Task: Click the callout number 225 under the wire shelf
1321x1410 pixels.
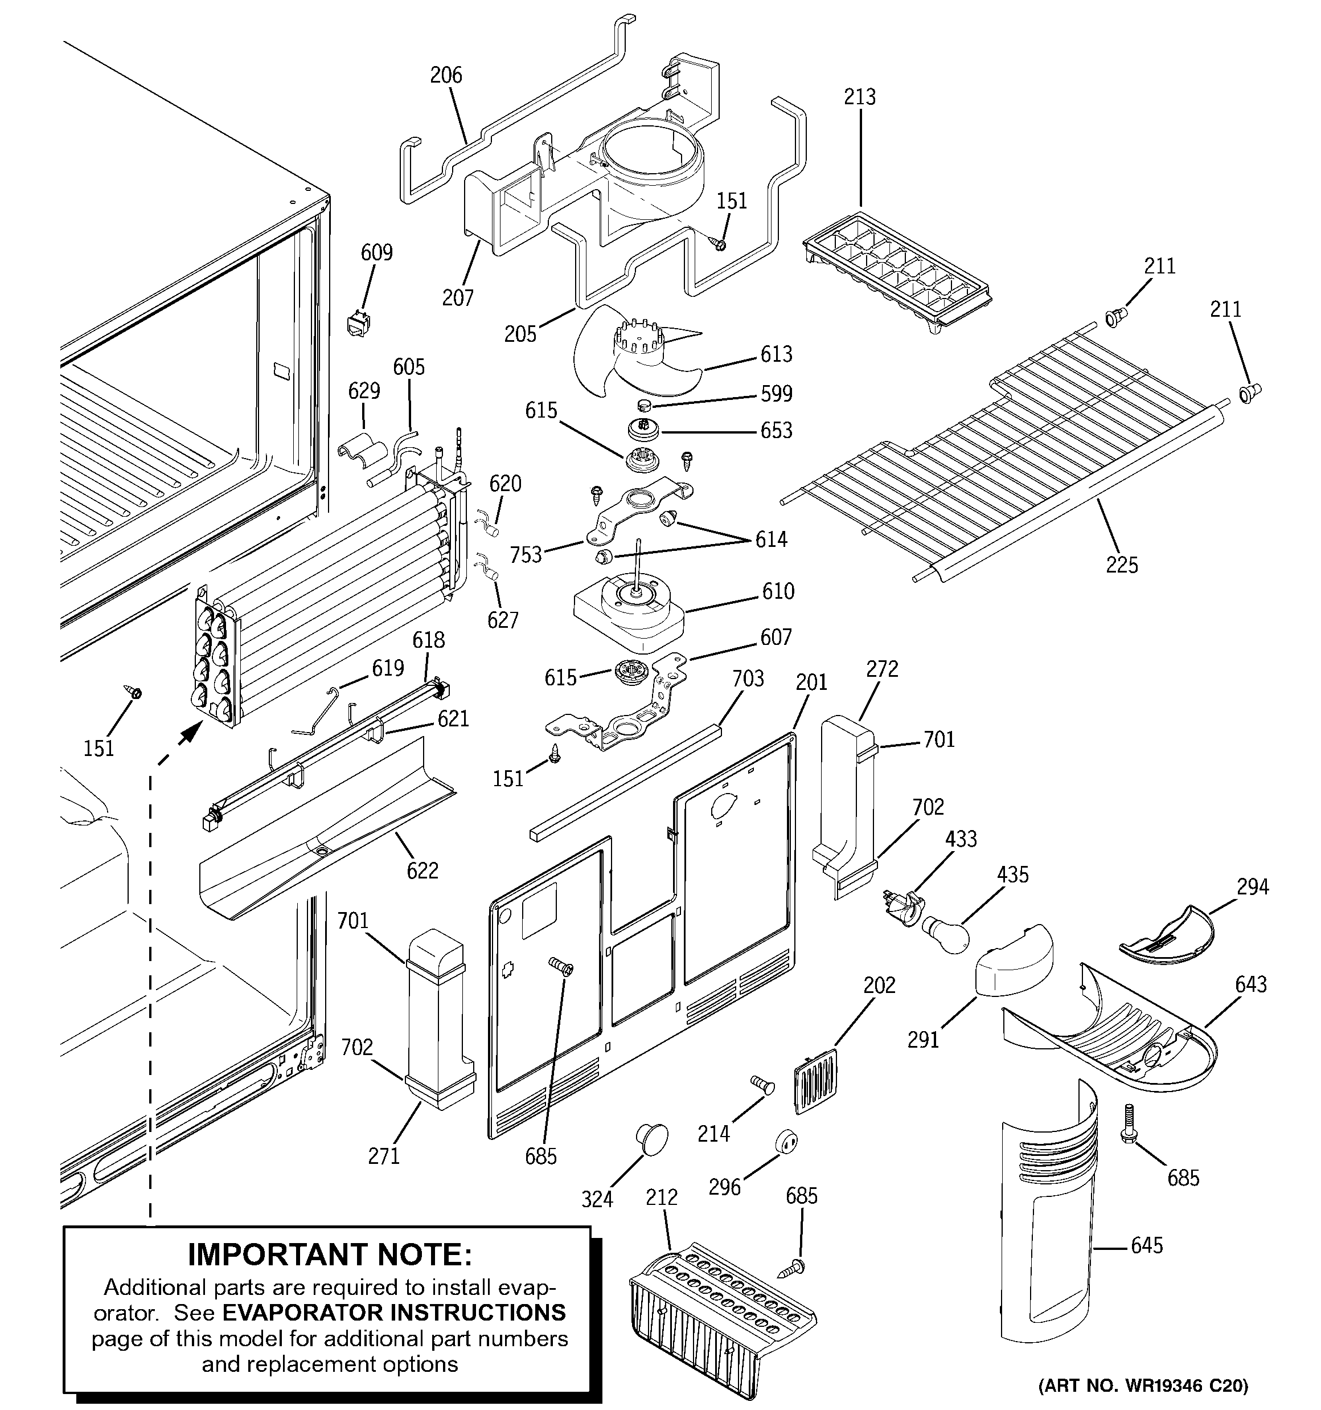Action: coord(1122,565)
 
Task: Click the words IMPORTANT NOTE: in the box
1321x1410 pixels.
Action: coord(330,1254)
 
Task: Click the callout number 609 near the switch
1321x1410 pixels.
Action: coord(376,252)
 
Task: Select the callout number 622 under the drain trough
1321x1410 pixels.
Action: coord(422,870)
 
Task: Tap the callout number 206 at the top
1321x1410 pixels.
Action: coord(446,75)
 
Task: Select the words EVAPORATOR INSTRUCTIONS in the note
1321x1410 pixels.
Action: coord(394,1312)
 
